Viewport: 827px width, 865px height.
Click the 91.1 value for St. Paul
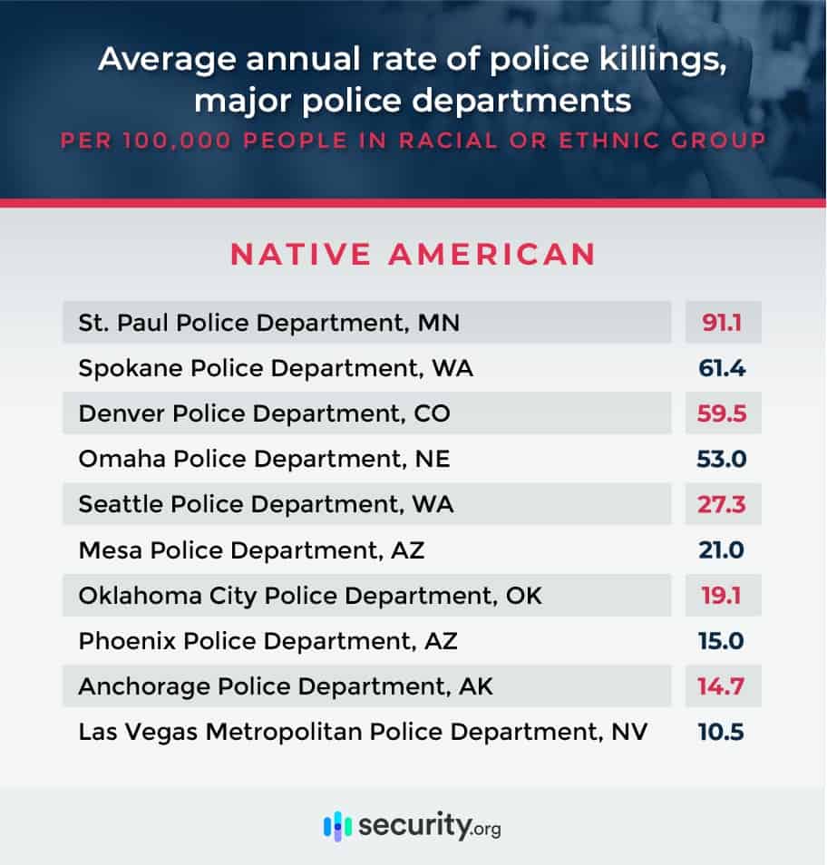(x=722, y=322)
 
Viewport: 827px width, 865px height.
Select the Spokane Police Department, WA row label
(x=276, y=368)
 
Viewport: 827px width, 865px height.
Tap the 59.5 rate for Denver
(x=722, y=413)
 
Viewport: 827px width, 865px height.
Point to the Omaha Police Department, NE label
(x=264, y=459)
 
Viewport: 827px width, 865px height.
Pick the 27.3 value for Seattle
(x=722, y=504)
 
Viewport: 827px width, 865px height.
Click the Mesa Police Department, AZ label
(x=251, y=549)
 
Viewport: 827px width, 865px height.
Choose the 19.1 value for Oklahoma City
(x=722, y=595)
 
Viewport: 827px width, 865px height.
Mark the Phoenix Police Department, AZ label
(x=268, y=641)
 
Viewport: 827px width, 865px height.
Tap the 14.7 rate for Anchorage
(x=722, y=686)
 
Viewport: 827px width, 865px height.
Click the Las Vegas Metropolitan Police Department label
(x=363, y=732)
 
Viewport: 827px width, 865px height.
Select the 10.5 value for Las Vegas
(x=722, y=732)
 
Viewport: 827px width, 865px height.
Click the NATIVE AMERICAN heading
(x=413, y=254)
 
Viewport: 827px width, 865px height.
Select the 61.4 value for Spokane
(x=722, y=368)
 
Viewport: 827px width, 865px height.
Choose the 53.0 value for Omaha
(x=722, y=459)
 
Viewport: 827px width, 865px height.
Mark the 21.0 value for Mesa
(x=722, y=549)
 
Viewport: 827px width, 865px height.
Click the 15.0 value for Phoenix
(x=722, y=641)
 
